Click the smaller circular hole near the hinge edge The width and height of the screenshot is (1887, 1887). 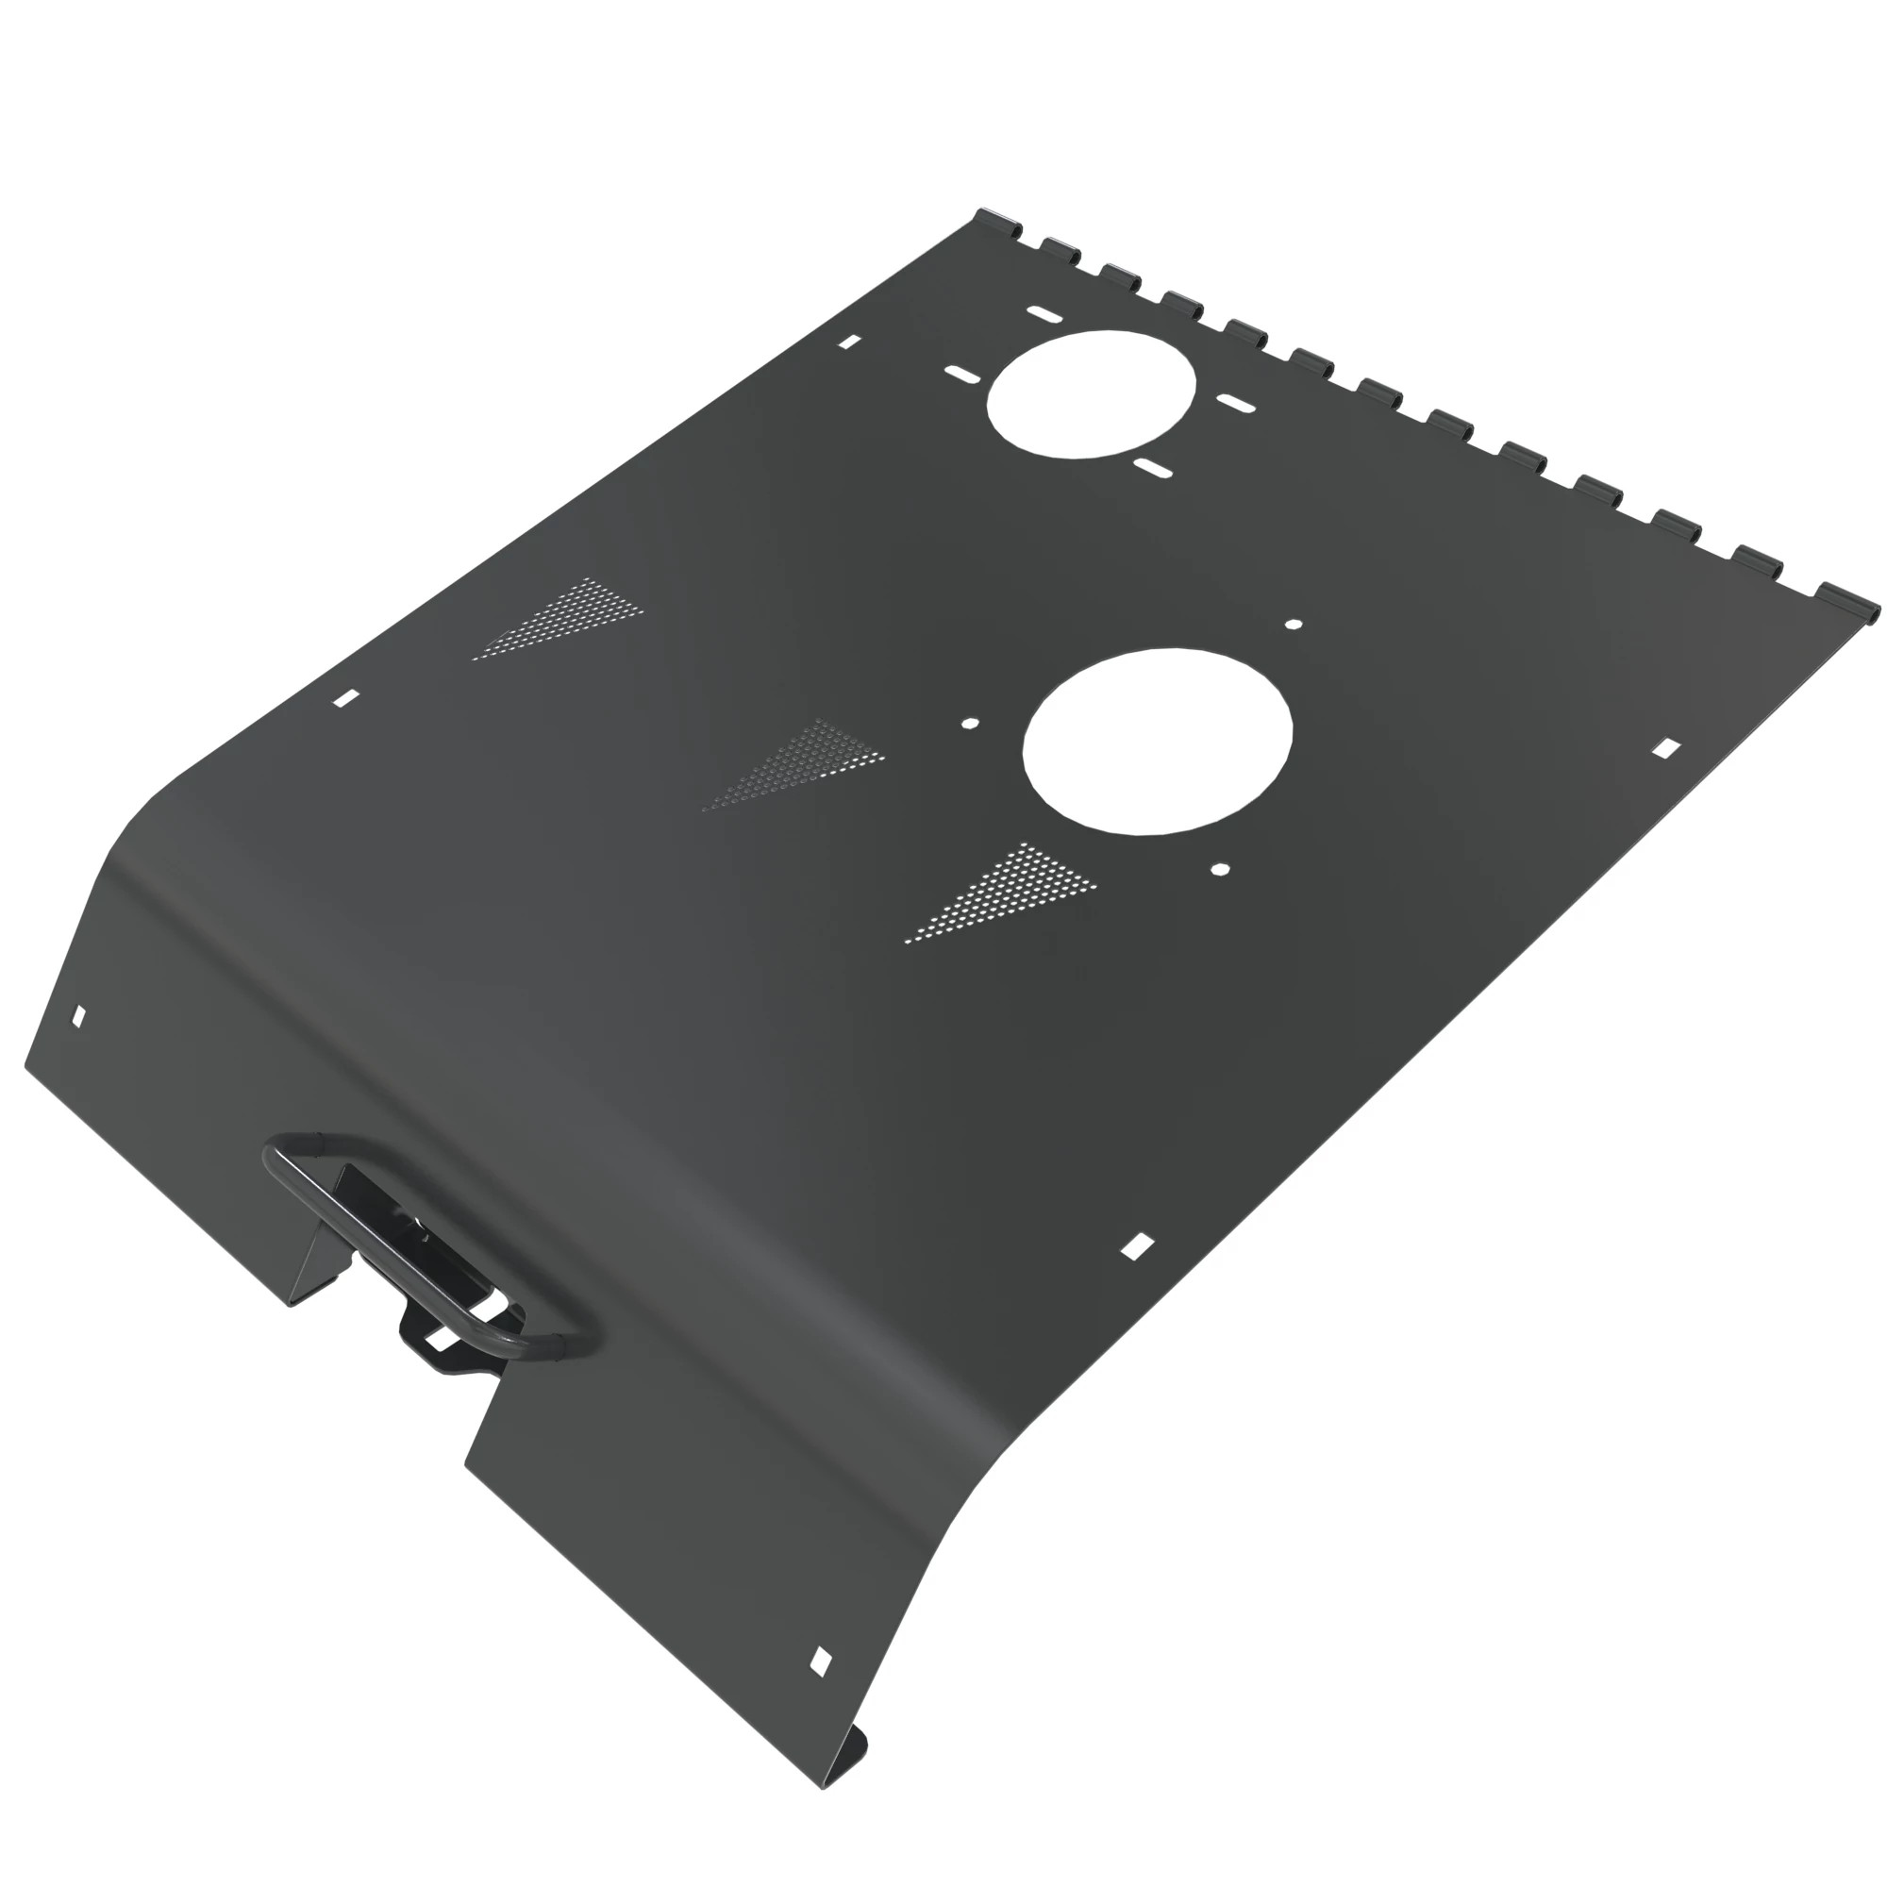(x=1091, y=393)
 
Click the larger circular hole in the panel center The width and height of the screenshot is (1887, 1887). (x=1158, y=742)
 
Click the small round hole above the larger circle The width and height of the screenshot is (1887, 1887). (x=1294, y=624)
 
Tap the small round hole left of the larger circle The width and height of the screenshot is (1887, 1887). (x=970, y=724)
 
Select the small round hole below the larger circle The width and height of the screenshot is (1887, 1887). (x=1220, y=868)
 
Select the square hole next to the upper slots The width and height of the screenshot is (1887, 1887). (x=850, y=342)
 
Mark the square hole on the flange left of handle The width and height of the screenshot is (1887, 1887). (x=79, y=1017)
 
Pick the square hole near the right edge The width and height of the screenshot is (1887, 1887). (x=1666, y=748)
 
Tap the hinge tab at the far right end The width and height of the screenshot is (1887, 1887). (x=1849, y=600)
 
